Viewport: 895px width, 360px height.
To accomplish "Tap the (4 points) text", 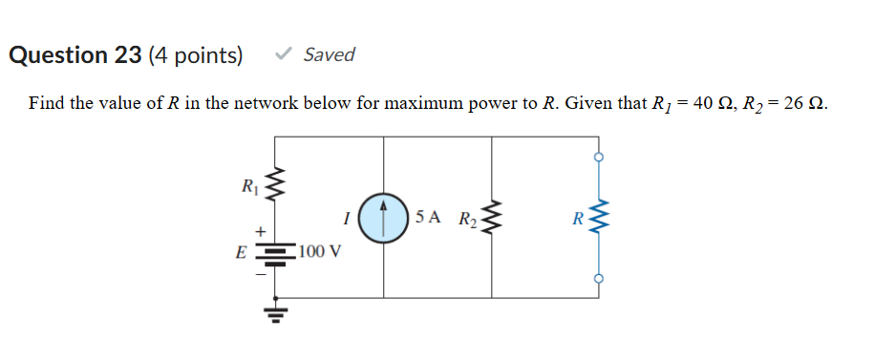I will pos(196,55).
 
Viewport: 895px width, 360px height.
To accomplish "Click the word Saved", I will pos(329,55).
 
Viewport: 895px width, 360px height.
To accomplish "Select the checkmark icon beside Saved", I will pos(283,55).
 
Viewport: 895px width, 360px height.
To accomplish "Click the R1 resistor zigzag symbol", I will pos(277,183).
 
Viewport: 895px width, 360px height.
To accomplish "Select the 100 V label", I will pos(320,252).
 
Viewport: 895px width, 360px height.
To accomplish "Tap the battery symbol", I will pos(276,253).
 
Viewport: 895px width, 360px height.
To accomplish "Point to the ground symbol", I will pos(276,313).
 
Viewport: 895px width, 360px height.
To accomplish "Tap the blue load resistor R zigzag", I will pos(599,219).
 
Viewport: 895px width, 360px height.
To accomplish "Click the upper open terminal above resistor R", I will pos(599,158).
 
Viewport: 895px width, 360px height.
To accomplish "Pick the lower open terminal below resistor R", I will pos(599,279).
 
